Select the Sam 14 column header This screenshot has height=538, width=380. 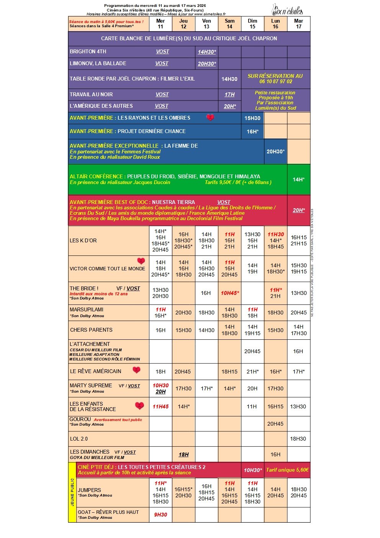click(x=229, y=24)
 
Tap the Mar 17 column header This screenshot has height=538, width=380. click(x=298, y=24)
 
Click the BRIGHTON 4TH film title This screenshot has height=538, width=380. click(x=88, y=51)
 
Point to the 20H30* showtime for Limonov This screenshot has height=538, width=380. click(x=207, y=64)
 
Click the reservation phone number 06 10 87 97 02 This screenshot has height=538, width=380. click(x=275, y=81)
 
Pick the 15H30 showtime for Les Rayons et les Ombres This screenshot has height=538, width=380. click(x=252, y=118)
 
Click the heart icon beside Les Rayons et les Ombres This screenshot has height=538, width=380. click(x=210, y=118)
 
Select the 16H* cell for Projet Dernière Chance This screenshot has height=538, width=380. click(x=252, y=132)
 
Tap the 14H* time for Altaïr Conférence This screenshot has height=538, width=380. click(x=298, y=179)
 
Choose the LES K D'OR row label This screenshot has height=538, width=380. click(x=83, y=240)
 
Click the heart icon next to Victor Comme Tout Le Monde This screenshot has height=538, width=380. click(x=141, y=261)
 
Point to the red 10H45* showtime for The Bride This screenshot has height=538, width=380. click(x=230, y=293)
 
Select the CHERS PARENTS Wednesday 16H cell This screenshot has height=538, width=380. click(x=161, y=330)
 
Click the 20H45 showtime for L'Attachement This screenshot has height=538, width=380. click(x=252, y=351)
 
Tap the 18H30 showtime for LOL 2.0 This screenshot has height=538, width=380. click(x=298, y=439)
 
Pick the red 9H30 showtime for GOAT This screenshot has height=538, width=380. click(x=161, y=515)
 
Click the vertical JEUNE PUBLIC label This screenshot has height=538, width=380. click(x=72, y=492)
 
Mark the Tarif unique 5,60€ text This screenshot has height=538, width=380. click(x=287, y=470)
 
